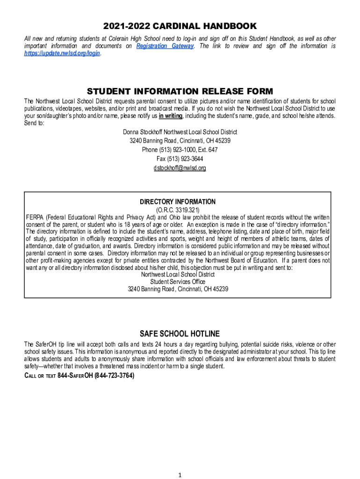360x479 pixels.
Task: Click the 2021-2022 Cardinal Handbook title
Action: [x=180, y=26]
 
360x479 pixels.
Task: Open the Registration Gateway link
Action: [x=165, y=46]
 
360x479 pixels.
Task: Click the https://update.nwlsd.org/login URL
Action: [x=62, y=54]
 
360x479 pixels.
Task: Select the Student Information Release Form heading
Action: [x=180, y=91]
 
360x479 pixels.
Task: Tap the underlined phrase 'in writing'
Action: [x=171, y=116]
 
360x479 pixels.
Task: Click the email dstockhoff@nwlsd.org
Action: [x=180, y=168]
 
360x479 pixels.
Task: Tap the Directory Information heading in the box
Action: [x=178, y=202]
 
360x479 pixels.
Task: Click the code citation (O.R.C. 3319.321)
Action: [x=178, y=210]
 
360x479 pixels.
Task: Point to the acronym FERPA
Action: [x=34, y=218]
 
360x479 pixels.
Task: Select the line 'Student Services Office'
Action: [x=178, y=282]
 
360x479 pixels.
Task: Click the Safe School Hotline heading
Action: [x=180, y=334]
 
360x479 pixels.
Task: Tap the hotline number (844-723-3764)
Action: [x=114, y=375]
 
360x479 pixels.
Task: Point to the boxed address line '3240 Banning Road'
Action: [x=178, y=289]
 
